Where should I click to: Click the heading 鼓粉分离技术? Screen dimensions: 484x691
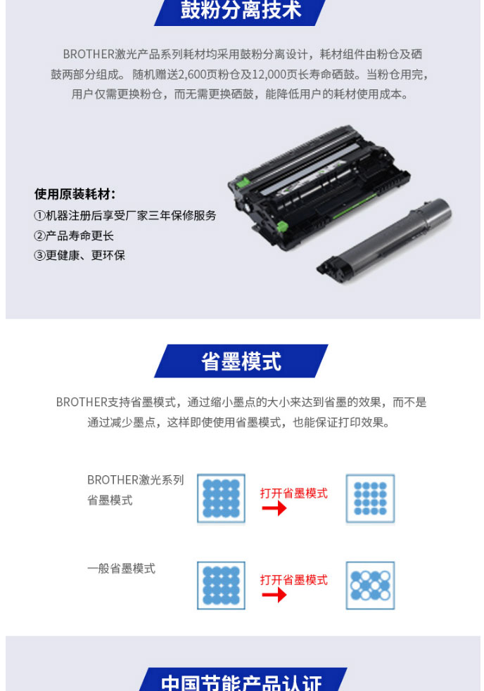(x=241, y=10)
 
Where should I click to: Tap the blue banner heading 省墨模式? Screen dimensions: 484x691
(x=241, y=361)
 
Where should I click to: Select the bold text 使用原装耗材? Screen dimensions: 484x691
(x=75, y=194)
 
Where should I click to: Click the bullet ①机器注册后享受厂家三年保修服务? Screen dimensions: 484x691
(x=125, y=215)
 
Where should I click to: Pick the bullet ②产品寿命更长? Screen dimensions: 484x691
(x=74, y=235)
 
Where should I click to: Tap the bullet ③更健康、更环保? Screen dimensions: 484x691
(x=79, y=255)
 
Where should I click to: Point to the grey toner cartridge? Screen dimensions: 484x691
(x=385, y=240)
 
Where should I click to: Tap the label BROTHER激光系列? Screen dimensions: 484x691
(x=136, y=479)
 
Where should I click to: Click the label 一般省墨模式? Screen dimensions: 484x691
(x=121, y=569)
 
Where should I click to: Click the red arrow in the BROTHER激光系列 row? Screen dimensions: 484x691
(x=274, y=508)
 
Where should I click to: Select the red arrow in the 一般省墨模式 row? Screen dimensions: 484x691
(x=274, y=595)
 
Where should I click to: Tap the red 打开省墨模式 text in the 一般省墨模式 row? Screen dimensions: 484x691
(x=294, y=580)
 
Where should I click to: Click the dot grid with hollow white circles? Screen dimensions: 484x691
(x=370, y=586)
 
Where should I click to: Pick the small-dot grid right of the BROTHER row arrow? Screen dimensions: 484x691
(x=370, y=499)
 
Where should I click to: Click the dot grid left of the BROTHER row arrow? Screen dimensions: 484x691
(x=221, y=499)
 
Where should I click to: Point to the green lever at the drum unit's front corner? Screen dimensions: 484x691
(x=281, y=227)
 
